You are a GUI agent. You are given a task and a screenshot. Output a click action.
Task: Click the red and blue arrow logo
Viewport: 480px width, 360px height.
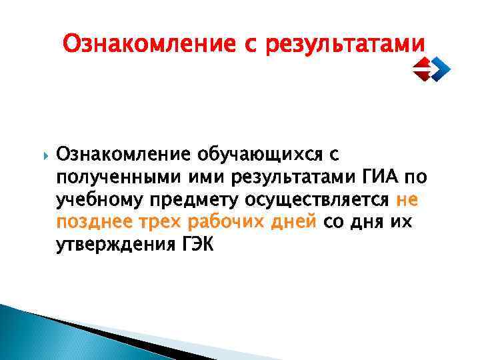coord(430,67)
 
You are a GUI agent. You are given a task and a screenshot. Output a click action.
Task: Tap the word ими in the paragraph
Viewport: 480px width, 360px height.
coord(190,178)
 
